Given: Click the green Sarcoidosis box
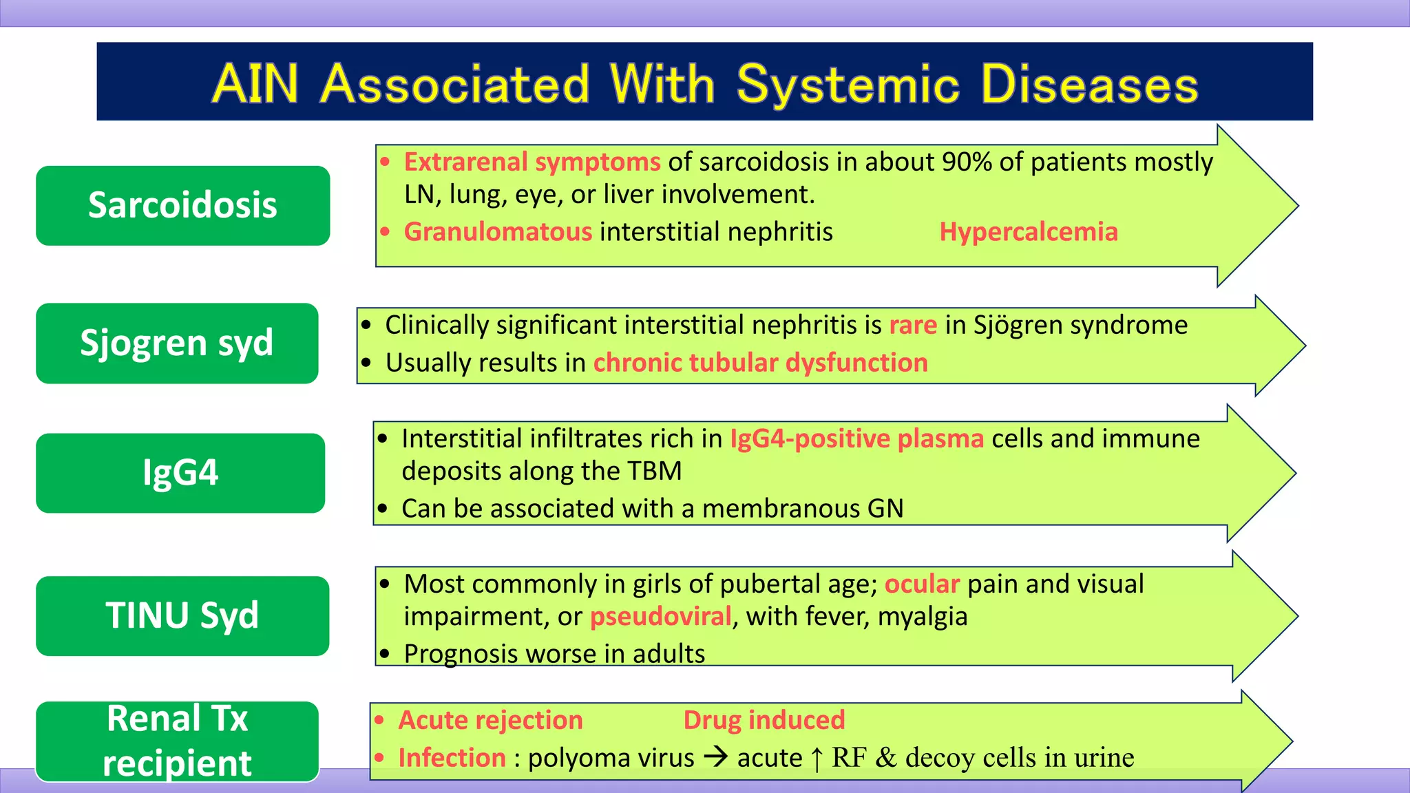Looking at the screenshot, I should point(182,205).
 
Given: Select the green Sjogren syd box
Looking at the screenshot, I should point(177,343).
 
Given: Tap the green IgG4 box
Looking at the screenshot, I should point(180,473).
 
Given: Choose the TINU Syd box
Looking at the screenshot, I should point(182,615).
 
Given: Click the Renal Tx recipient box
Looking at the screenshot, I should point(177,741).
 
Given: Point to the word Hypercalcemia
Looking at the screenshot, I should point(1029,232).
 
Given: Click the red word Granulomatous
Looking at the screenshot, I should point(498,232).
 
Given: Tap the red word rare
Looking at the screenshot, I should point(913,325).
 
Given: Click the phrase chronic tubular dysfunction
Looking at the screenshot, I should point(760,363).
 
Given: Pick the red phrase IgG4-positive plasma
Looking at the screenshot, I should point(856,438).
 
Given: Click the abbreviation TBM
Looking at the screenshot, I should point(654,472).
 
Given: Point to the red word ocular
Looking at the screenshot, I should point(921,584).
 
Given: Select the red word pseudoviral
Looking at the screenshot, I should point(660,616).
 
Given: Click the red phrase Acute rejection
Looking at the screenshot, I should point(490,720).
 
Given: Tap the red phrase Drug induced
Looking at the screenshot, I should point(764,720).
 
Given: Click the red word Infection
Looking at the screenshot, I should point(452,758).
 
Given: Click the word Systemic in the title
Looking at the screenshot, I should point(848,84).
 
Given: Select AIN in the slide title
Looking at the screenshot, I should point(255,84).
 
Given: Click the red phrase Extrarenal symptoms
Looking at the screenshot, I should point(532,162).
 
